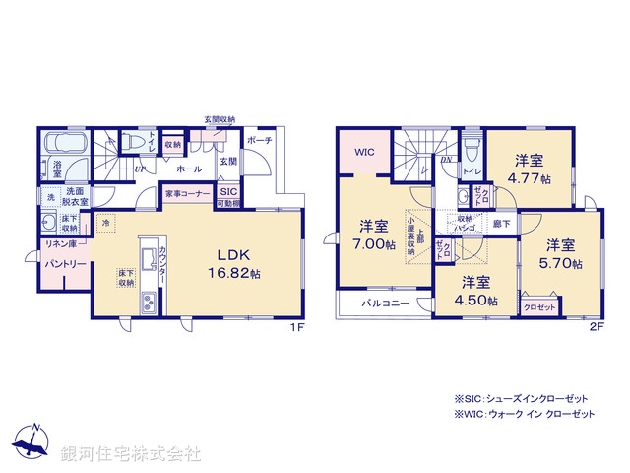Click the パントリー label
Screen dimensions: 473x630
coord(63,264)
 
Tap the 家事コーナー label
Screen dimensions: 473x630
coord(187,194)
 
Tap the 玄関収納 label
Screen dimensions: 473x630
coord(220,119)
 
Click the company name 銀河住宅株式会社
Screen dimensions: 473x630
coord(131,455)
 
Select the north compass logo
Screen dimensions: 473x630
coord(33,445)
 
